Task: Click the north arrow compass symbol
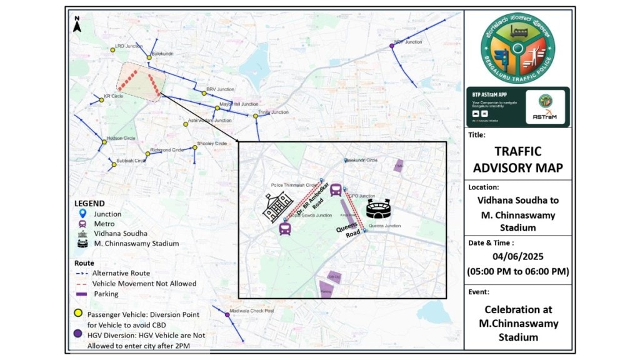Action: click(77, 24)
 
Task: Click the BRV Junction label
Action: click(219, 89)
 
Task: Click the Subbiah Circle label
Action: click(131, 161)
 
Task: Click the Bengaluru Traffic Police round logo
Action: click(517, 46)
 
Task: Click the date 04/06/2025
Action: click(518, 256)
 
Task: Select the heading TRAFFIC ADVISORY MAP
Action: click(518, 159)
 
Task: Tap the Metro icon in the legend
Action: click(82, 224)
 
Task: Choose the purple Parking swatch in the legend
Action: click(82, 294)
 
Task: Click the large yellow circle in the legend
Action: click(79, 314)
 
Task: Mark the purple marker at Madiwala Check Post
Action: click(227, 314)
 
